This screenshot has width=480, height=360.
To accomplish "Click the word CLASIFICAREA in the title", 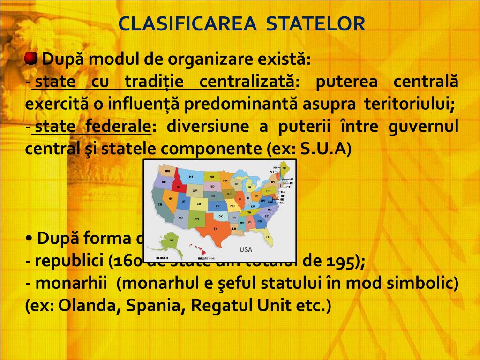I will (187, 24).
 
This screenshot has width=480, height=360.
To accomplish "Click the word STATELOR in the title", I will (315, 24).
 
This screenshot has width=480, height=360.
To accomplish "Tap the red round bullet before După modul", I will (31, 59).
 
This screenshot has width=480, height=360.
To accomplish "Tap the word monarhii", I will (70, 284).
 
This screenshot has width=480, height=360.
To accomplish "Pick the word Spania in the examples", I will (150, 306).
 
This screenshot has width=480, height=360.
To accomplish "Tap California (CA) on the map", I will (160, 204).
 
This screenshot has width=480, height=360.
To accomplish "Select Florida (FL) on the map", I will (268, 237).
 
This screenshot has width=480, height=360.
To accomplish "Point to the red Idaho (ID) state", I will (179, 187).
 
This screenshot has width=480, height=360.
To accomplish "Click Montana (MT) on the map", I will (191, 177).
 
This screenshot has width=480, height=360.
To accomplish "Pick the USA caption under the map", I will (246, 249).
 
